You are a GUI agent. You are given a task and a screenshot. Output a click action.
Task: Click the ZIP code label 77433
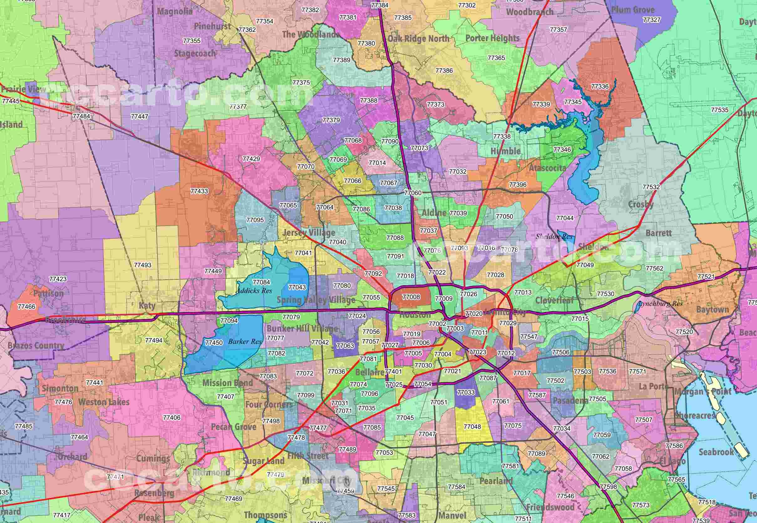(x=199, y=191)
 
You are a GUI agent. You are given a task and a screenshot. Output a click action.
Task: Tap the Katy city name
(x=147, y=306)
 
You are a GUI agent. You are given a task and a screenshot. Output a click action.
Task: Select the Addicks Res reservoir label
(x=254, y=291)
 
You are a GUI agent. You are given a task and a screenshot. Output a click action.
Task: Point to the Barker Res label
(x=245, y=342)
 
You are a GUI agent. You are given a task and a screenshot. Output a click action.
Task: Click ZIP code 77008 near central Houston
(x=411, y=297)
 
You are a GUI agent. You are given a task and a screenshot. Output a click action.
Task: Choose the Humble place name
(x=505, y=151)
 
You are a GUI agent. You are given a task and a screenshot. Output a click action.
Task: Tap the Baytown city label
(x=713, y=310)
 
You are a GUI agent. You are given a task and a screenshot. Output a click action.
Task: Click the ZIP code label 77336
(x=600, y=87)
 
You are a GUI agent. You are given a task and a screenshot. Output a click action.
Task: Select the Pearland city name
(x=496, y=481)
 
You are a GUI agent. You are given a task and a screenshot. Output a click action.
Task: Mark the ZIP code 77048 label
(x=472, y=427)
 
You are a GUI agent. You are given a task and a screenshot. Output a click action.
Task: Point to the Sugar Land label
(x=264, y=461)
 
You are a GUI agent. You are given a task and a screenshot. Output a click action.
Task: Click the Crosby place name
(x=641, y=205)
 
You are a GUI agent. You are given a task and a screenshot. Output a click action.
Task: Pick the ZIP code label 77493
(x=143, y=265)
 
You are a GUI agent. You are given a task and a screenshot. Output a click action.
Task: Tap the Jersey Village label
(x=309, y=233)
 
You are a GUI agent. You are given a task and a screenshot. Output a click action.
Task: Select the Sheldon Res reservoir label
(x=554, y=236)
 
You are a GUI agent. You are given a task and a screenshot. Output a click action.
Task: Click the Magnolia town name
(x=175, y=12)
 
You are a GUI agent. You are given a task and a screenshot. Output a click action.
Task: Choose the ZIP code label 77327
(x=652, y=20)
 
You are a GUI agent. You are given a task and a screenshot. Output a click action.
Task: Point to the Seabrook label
(x=716, y=452)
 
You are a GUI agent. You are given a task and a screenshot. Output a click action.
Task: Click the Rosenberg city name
(x=154, y=493)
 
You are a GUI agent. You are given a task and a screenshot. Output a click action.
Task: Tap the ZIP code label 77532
(x=651, y=187)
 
